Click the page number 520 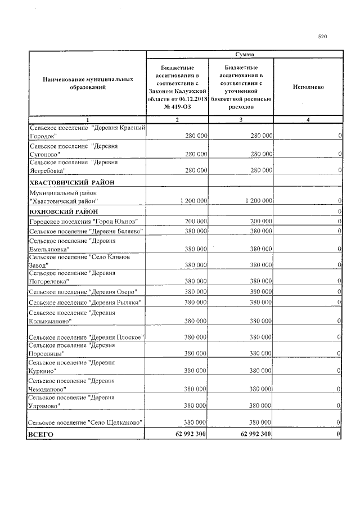[322, 37]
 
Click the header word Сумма [243, 54]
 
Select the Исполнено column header [308, 87]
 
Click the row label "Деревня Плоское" [87, 337]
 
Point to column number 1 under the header [88, 120]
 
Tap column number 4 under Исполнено [308, 120]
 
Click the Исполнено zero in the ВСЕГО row [339, 435]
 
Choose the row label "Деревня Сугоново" [73, 150]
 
